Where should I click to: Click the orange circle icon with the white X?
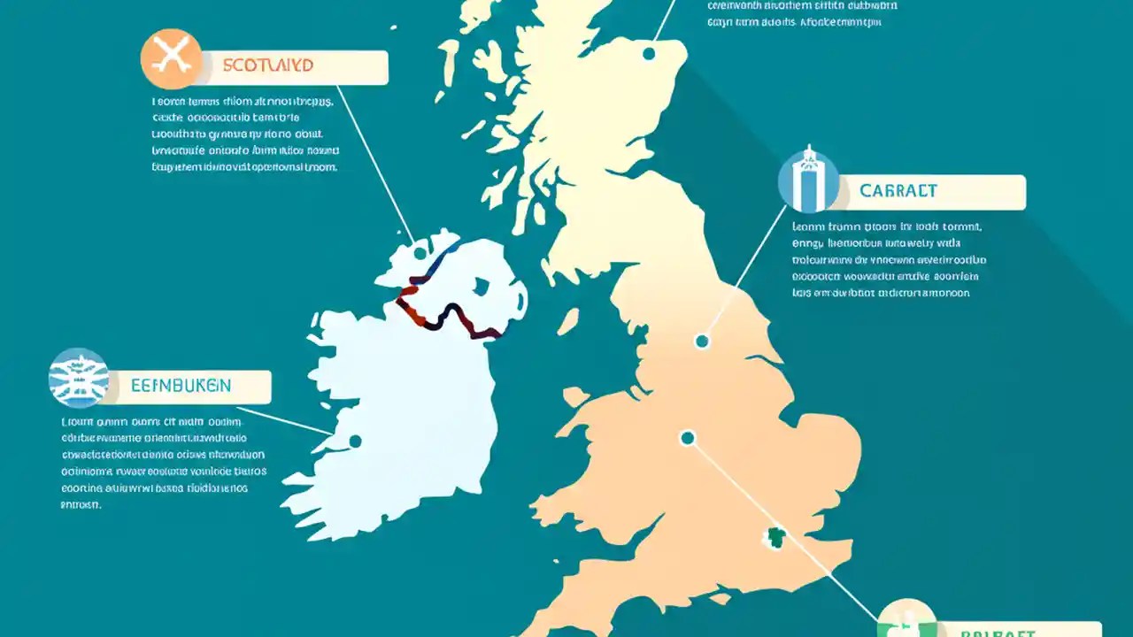(x=172, y=58)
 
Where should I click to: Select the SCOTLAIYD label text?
(x=266, y=66)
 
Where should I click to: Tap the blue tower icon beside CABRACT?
(x=808, y=180)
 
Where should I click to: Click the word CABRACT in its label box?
(x=898, y=191)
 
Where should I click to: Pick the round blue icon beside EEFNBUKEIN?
(x=79, y=378)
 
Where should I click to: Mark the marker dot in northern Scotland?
(x=649, y=54)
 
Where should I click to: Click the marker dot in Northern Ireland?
(x=420, y=253)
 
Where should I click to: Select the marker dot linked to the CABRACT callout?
(x=702, y=341)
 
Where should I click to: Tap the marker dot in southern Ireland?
(x=355, y=441)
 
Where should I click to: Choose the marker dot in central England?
(x=688, y=437)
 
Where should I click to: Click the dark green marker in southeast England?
(x=776, y=537)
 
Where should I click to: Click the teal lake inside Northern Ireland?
(x=482, y=287)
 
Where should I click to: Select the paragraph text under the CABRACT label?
(x=889, y=260)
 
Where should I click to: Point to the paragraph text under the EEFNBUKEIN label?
(x=164, y=463)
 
